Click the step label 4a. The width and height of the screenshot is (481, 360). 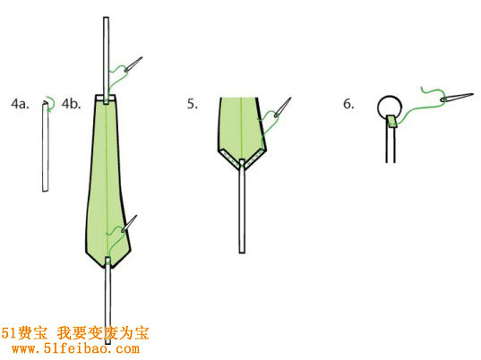coord(20,104)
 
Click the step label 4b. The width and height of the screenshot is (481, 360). coord(71,104)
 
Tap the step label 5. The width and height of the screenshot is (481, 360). coord(193,104)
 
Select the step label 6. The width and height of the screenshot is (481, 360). coord(348,104)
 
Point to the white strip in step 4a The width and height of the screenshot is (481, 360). coord(46,147)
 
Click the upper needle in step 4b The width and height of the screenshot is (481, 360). coord(133,64)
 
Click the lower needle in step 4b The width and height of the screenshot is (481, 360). coord(129,224)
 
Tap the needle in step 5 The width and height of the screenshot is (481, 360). coord(282,107)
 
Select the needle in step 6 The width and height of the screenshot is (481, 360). coord(457,97)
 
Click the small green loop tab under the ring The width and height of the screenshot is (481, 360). coord(391,121)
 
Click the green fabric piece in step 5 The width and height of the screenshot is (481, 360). coord(242,129)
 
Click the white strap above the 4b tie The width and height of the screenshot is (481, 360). coord(106,60)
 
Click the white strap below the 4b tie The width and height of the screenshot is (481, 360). coord(107,301)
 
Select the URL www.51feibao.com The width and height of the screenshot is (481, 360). coord(75,348)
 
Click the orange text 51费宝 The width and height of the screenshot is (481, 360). coord(24,333)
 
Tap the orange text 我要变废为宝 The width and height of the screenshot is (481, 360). coord(103,333)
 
